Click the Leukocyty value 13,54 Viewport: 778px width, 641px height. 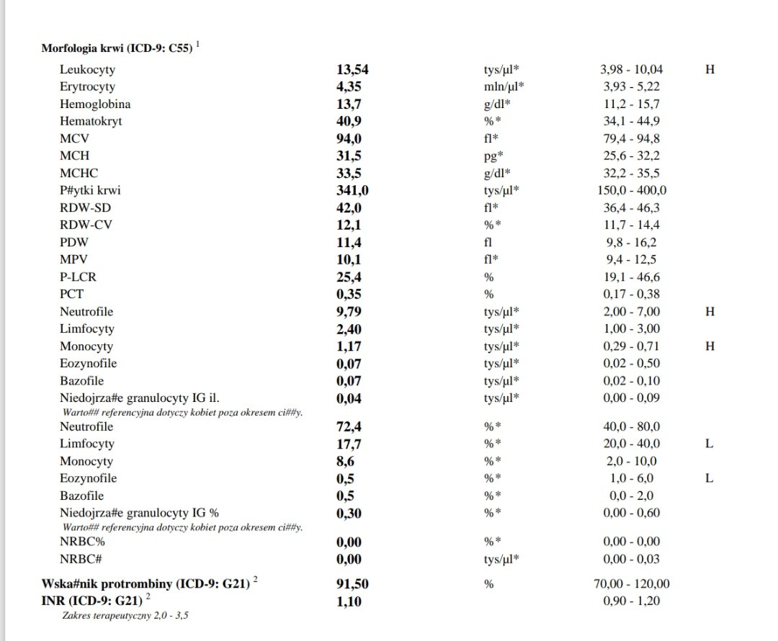357,70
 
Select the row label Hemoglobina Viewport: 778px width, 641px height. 95,104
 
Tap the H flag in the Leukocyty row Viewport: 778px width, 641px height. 710,70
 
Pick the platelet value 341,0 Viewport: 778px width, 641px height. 356,191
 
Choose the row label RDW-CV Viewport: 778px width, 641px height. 86,225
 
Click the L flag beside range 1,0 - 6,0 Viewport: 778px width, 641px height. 710,479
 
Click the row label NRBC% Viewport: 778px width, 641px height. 82,542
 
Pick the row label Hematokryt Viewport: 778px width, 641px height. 91,122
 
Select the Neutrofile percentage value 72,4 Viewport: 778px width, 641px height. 351,427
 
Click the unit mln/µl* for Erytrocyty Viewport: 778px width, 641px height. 504,87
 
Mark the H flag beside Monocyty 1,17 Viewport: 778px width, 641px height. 710,346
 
